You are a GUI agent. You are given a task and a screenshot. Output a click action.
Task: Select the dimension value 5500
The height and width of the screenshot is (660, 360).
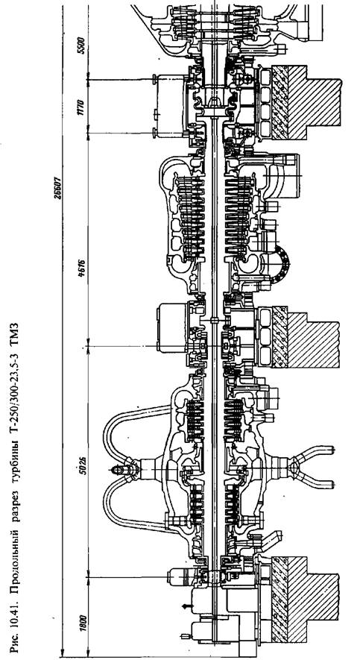tap(81, 45)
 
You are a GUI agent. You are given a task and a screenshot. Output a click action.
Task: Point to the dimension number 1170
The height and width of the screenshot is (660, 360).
tap(81, 107)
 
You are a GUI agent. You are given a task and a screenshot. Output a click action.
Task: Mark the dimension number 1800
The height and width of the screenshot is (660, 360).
tap(81, 623)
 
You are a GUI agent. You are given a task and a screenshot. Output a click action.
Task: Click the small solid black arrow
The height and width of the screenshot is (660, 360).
tap(187, 606)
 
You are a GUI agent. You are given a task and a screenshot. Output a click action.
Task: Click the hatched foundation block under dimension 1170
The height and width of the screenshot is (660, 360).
tap(306, 102)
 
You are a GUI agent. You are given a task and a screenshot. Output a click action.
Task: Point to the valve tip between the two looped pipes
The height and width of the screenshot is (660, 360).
tap(112, 468)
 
